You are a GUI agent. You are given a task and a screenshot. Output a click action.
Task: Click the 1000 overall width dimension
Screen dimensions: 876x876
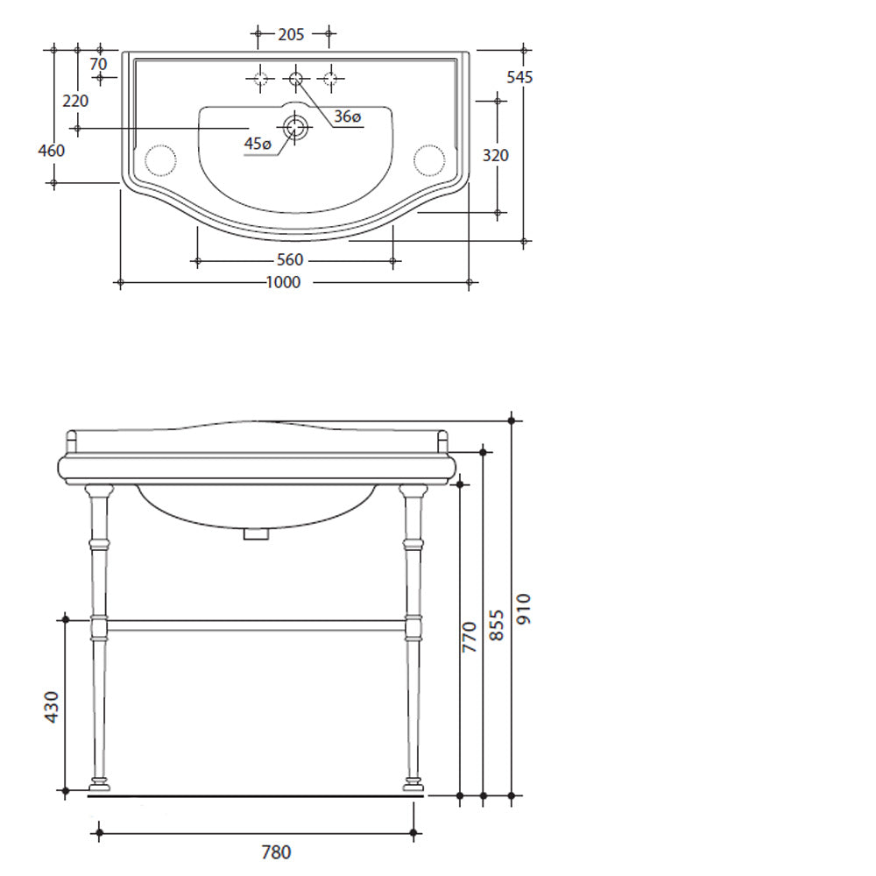283,282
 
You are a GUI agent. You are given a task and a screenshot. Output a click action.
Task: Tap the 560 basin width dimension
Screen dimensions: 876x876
290,260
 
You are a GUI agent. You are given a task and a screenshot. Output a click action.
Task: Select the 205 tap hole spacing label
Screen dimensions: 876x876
291,35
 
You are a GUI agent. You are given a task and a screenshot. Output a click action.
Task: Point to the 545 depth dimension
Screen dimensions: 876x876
519,77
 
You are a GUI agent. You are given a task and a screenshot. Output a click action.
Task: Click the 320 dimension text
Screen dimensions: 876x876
496,155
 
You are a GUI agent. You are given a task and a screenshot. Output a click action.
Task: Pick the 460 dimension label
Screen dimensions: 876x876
52,151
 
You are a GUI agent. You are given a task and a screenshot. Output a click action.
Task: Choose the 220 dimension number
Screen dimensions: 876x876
75,101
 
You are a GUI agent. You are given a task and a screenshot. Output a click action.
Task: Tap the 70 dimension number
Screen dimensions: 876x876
98,64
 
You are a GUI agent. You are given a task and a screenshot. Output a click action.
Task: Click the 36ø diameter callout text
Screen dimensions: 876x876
348,117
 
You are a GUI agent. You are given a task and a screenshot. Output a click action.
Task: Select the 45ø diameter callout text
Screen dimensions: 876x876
258,144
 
